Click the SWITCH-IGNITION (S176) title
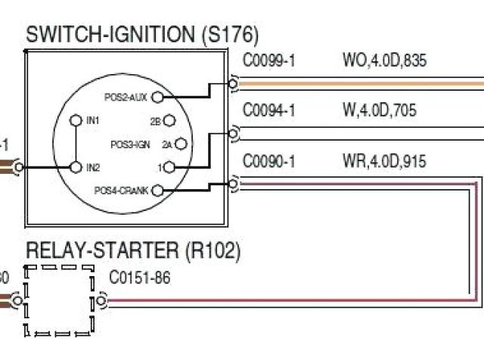142,34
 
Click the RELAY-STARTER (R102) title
133,250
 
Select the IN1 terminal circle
76,120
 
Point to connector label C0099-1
268,60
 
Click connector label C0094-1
268,110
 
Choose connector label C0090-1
268,160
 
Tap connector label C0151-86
140,278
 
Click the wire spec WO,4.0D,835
384,60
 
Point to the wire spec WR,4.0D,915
384,160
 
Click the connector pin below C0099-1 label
234,82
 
